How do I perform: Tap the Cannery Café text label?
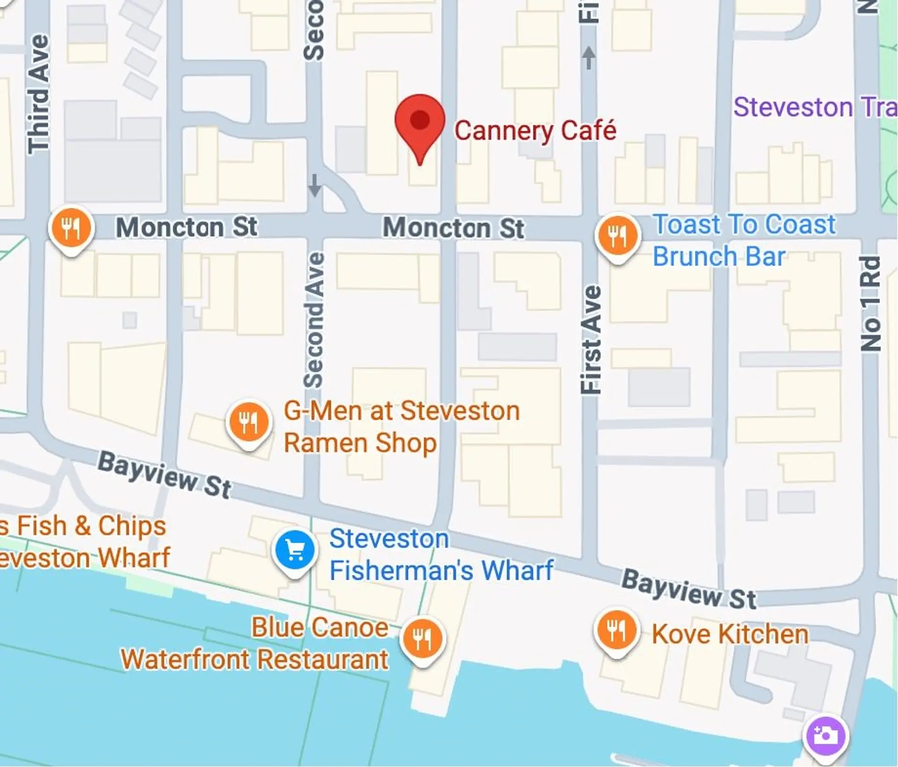[x=535, y=130]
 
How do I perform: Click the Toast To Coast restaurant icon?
[x=617, y=236]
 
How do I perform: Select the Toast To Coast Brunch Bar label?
[x=744, y=240]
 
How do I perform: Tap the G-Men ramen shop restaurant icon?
[x=248, y=422]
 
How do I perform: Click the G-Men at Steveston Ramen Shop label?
[x=402, y=427]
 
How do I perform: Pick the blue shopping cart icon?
[x=295, y=551]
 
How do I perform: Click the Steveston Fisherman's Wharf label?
[x=441, y=555]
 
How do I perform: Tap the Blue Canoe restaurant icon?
[x=422, y=639]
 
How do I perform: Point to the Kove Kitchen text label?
[x=730, y=634]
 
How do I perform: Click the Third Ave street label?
[x=38, y=94]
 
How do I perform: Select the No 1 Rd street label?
[x=871, y=304]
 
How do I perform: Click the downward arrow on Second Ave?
[x=315, y=186]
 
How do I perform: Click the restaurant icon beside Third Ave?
[x=71, y=229]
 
